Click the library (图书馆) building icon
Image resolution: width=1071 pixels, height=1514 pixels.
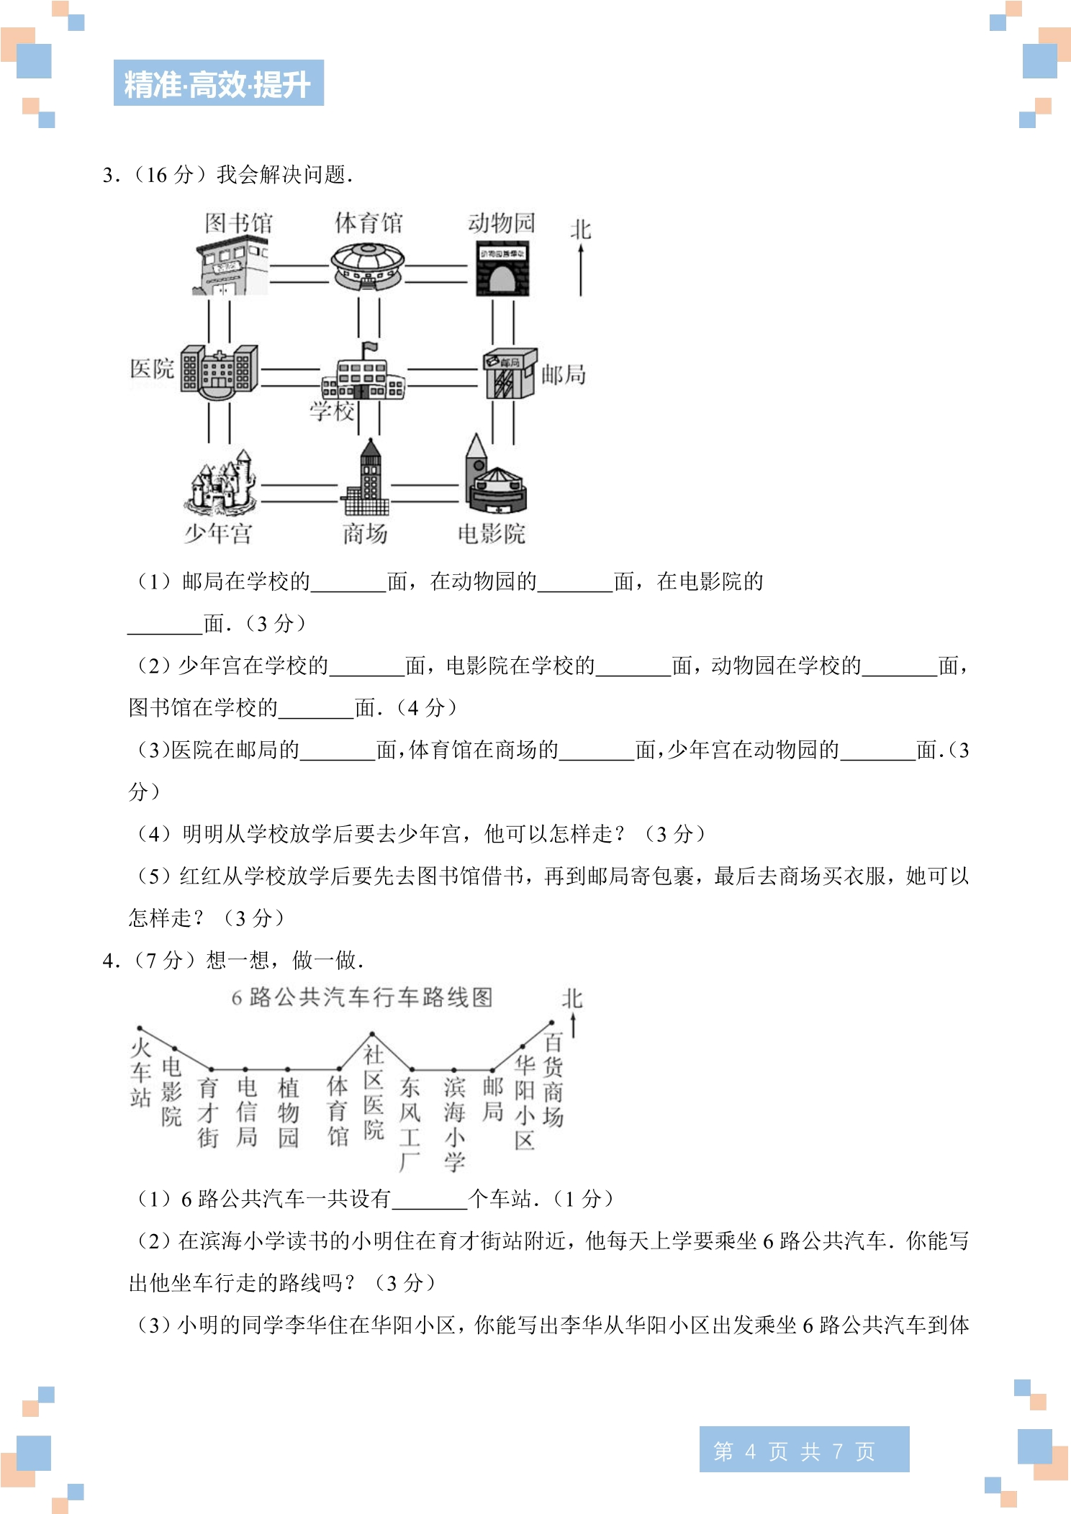point(230,268)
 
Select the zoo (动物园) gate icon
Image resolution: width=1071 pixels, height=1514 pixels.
point(502,269)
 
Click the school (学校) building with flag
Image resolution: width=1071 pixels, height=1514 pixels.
point(363,371)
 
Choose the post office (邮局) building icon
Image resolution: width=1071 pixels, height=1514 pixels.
point(511,373)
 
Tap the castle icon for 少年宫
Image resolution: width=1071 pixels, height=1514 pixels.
point(220,482)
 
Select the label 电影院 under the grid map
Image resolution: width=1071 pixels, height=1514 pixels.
point(492,534)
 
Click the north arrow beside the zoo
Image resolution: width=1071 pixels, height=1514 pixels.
point(581,270)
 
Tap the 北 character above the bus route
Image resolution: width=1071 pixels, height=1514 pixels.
point(572,999)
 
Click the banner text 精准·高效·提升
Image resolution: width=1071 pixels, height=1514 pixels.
point(218,84)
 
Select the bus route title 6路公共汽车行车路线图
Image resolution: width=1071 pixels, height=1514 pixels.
point(362,997)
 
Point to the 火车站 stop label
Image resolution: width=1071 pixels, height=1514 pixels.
point(140,1072)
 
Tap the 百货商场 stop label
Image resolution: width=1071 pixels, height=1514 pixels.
point(553,1079)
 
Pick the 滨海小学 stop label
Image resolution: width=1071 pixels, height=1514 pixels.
point(454,1124)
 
